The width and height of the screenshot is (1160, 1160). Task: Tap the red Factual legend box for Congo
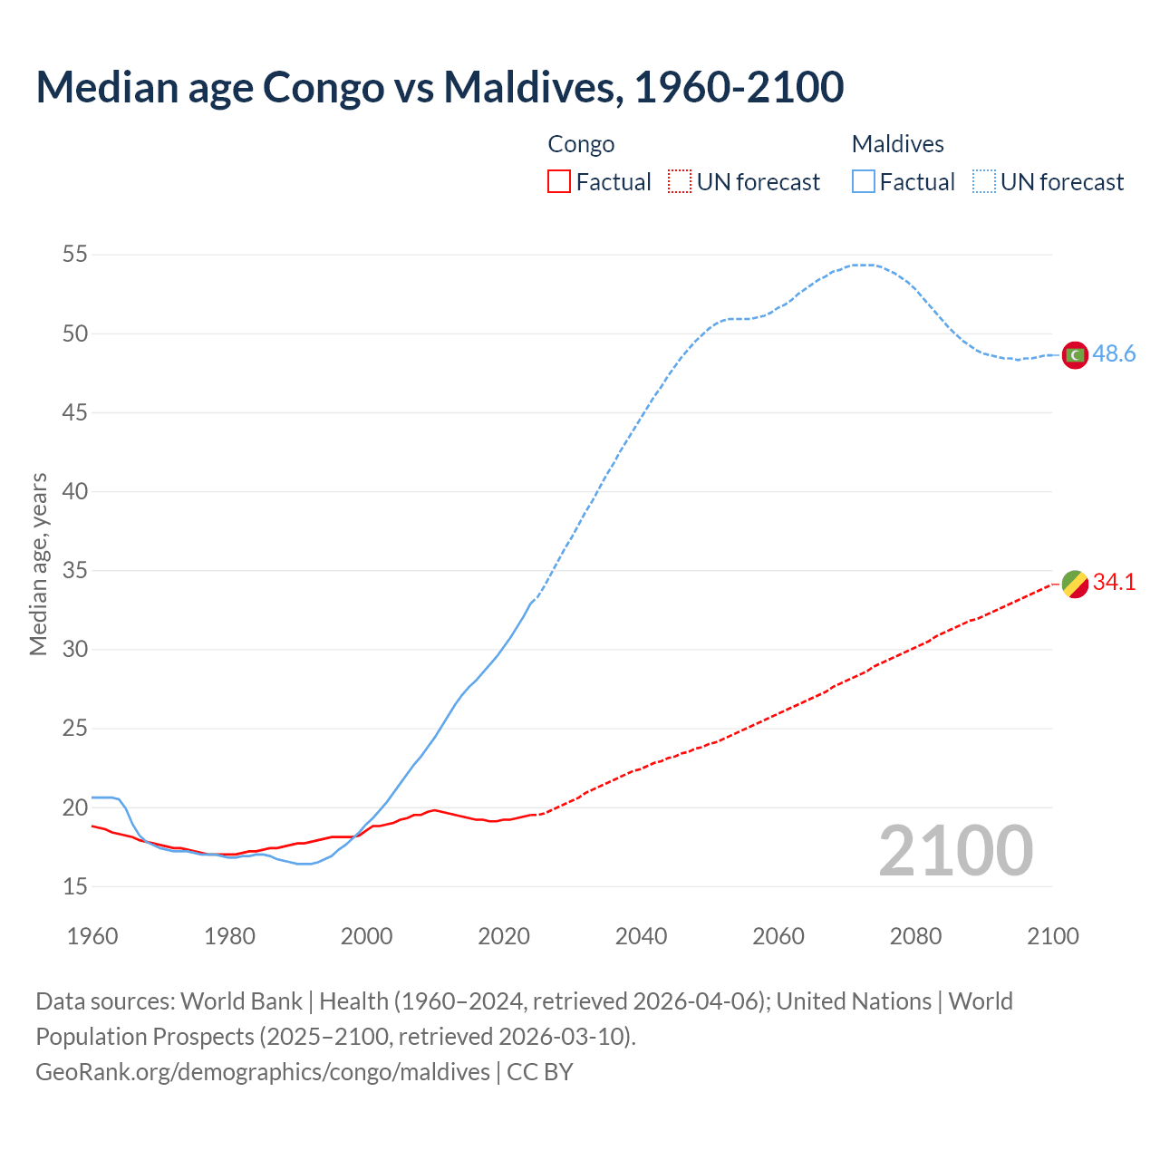559,182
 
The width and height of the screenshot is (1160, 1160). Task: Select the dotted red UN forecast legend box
680,182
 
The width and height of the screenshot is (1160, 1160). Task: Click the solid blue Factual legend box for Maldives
864,182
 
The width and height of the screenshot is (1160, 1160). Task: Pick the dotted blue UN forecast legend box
984,182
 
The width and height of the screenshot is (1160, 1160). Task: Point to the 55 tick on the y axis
75,255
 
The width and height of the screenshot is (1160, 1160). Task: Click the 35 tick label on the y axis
75,571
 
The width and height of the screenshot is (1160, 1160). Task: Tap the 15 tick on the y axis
75,886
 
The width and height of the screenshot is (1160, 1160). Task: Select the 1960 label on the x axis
92,936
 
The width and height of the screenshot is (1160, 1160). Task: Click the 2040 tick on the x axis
641,936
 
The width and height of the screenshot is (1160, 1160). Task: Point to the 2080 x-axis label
915,936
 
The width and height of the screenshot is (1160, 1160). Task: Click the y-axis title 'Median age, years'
38,564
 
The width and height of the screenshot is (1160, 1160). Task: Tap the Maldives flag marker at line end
1075,355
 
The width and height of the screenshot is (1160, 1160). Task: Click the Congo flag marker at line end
1075,584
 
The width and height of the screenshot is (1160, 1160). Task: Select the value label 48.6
1114,354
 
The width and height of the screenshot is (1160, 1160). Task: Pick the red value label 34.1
1114,583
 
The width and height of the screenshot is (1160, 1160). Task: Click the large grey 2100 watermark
955,851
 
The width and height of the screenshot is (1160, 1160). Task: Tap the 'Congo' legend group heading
581,144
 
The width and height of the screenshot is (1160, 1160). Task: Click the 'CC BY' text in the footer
540,1072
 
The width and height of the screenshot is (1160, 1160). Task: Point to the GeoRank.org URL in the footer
263,1072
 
